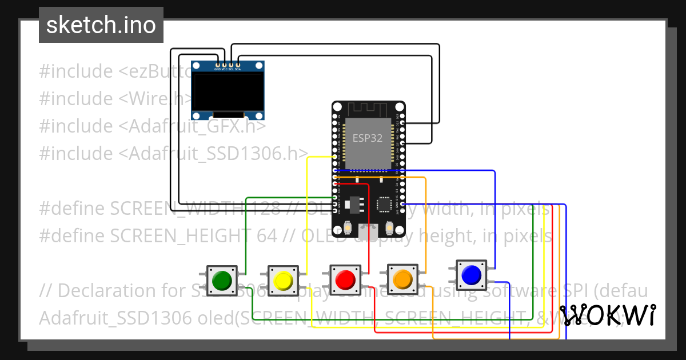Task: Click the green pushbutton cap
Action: click(x=221, y=280)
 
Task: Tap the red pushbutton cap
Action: click(x=345, y=279)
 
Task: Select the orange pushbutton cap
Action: click(x=402, y=278)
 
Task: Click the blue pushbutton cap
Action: click(x=470, y=275)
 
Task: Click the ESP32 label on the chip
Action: click(x=367, y=138)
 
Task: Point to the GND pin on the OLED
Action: click(x=217, y=65)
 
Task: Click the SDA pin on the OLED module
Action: click(x=238, y=65)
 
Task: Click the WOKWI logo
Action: click(x=607, y=315)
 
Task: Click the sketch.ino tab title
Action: click(x=101, y=25)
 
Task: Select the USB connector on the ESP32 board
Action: click(x=368, y=230)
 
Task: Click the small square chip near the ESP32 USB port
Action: click(x=384, y=205)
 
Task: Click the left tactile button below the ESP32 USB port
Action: click(x=348, y=229)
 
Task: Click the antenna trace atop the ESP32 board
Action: click(x=368, y=108)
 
